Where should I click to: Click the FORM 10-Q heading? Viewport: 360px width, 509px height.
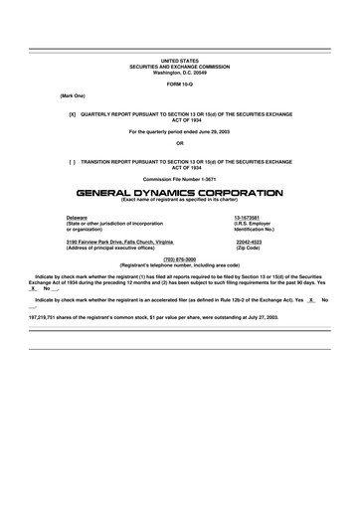(180, 84)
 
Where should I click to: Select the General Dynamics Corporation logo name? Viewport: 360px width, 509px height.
(179, 193)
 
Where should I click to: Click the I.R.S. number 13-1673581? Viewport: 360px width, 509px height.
(247, 218)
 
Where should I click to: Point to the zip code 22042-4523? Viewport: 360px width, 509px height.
(249, 242)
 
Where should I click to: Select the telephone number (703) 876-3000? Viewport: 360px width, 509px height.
(180, 259)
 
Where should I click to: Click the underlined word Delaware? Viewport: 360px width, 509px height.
(76, 218)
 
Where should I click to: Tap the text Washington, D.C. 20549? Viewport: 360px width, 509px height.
(180, 73)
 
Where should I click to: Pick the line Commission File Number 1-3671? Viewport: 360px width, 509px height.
(180, 179)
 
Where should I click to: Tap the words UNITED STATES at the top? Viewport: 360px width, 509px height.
(180, 61)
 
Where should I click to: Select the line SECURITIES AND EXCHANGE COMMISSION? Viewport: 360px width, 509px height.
(180, 67)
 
